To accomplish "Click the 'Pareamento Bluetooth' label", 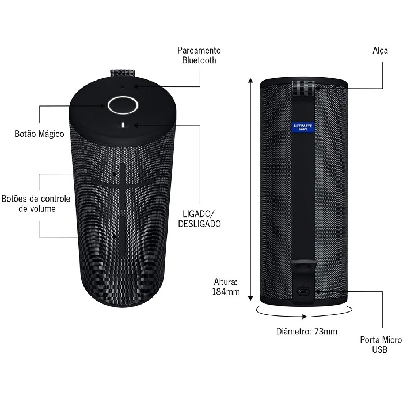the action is tap(199, 55).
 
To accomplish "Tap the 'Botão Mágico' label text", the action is tap(39, 134).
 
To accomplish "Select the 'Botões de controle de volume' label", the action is tap(36, 204).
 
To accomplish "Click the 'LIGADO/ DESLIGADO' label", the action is tap(199, 219).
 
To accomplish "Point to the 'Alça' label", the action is tap(380, 51).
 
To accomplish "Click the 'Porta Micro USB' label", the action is tap(381, 345).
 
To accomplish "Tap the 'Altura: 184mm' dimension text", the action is tap(226, 287).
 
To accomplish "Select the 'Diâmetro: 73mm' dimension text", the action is tap(307, 332).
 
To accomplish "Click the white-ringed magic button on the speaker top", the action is tap(123, 105).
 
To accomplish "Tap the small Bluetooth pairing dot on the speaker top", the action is tap(122, 86).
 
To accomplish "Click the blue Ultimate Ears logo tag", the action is tap(303, 127).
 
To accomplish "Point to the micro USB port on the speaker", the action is tap(303, 291).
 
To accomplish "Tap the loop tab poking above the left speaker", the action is tap(122, 73).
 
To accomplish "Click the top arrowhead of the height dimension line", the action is tap(250, 81).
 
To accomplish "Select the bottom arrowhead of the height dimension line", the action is tap(250, 298).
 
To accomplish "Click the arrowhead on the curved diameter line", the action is tap(305, 317).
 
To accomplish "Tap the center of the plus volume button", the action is tap(122, 183).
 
